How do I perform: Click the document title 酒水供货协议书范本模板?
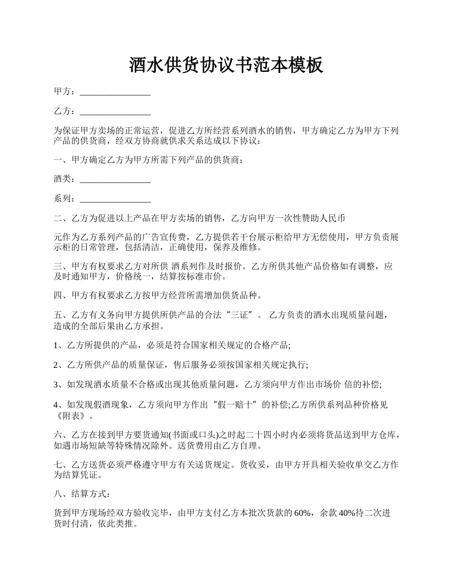226,65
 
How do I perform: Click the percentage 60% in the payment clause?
304,513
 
